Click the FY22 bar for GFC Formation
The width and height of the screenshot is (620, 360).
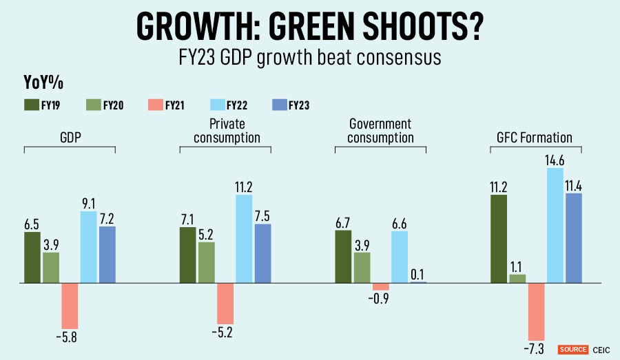click(x=555, y=225)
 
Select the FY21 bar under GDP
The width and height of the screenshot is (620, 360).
click(x=70, y=306)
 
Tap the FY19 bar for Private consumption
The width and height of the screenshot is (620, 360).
click(x=188, y=255)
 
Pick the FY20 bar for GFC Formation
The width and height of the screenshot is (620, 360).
click(x=517, y=278)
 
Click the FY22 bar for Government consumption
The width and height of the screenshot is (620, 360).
click(x=400, y=257)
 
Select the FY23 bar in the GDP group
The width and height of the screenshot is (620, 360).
click(x=107, y=254)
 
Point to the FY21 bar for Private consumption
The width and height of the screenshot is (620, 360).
click(x=225, y=303)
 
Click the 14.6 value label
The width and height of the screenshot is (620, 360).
click(x=555, y=160)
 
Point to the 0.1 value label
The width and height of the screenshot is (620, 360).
click(x=417, y=274)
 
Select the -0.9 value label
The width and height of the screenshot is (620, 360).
click(x=380, y=299)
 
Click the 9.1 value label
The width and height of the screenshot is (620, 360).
click(x=89, y=203)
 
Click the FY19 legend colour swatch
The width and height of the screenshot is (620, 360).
click(x=32, y=105)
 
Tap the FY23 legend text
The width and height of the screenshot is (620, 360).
click(x=299, y=105)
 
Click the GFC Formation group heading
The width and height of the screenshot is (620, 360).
click(x=535, y=137)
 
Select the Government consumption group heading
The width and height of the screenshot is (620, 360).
click(x=380, y=131)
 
